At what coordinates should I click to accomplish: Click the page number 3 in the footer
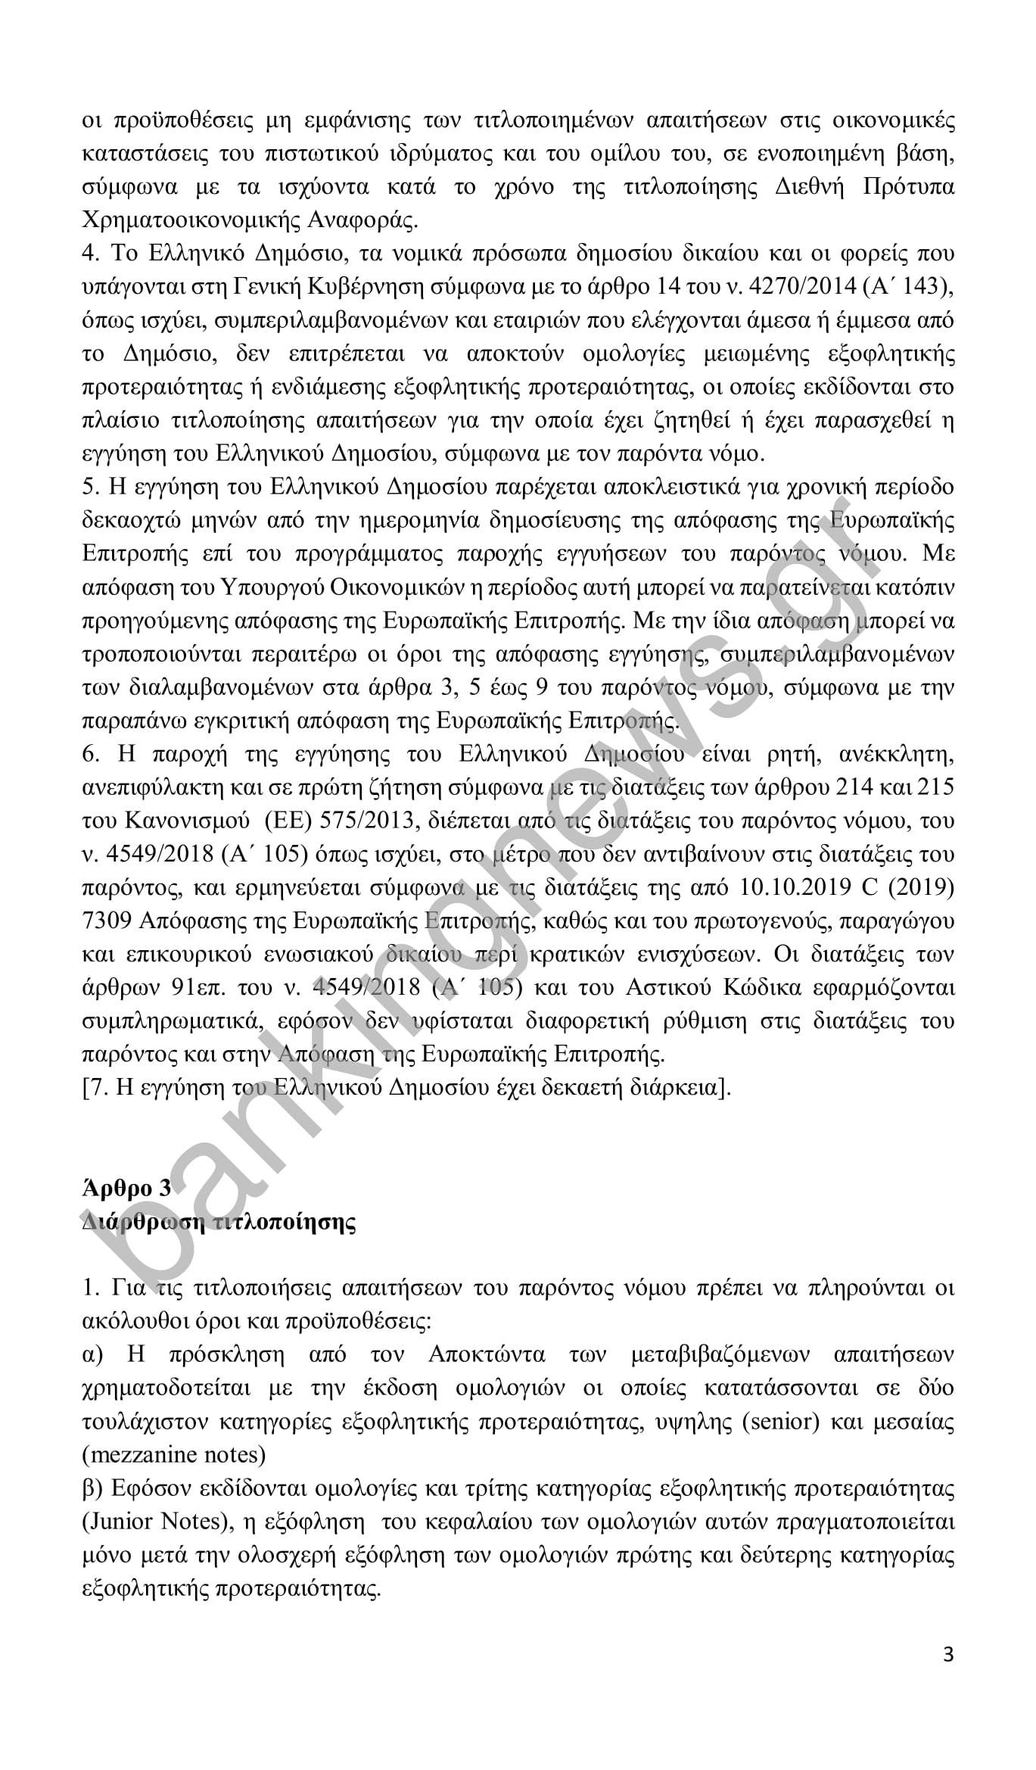(x=948, y=1655)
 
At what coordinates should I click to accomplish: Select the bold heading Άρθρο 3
(x=126, y=1188)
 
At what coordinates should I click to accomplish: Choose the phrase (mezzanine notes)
(x=173, y=1455)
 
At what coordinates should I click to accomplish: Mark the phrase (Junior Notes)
(x=155, y=1521)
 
